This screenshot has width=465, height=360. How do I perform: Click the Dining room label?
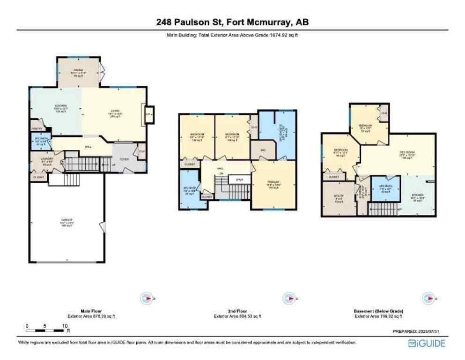pos(79,70)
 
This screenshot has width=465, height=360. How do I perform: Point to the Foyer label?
pos(124,159)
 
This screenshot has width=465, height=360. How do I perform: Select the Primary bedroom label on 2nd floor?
pos(273,184)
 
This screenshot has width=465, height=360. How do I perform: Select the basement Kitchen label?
pos(417,195)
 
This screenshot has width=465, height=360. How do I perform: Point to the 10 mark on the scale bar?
pos(63,326)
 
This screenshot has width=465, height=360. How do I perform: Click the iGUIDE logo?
pos(426,344)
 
